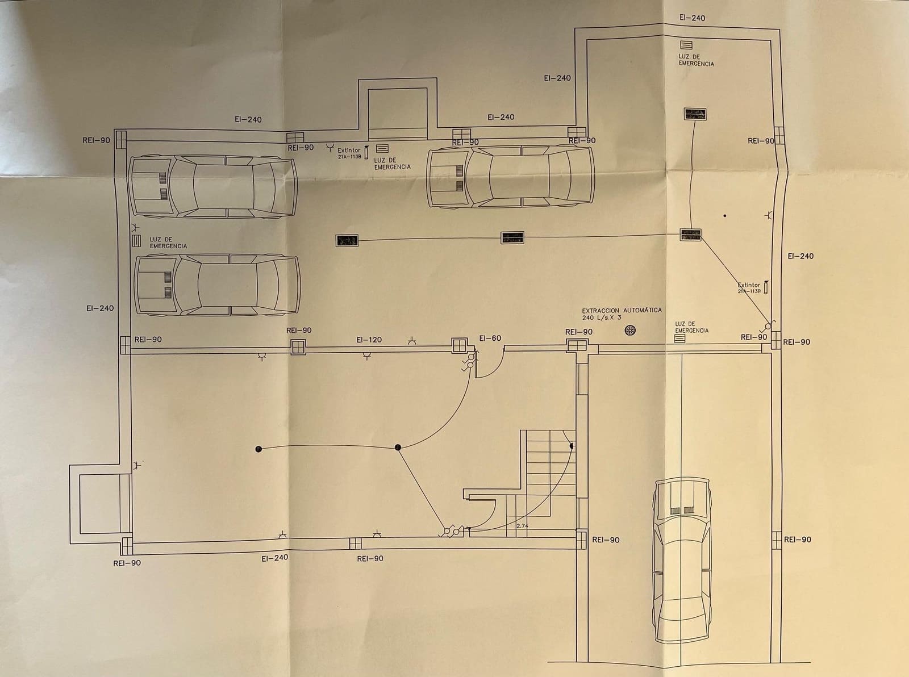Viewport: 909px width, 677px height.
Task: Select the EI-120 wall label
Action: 369,340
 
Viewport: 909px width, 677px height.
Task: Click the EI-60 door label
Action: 490,338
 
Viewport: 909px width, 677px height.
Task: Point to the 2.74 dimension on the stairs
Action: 522,526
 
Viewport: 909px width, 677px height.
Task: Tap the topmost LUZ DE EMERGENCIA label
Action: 696,60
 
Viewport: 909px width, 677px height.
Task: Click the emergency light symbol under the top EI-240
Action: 686,45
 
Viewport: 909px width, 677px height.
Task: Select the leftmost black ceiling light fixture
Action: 347,241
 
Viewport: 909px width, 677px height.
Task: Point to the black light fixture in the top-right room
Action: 695,114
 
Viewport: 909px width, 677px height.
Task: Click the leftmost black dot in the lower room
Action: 258,449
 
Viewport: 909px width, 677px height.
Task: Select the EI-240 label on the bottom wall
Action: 274,558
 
